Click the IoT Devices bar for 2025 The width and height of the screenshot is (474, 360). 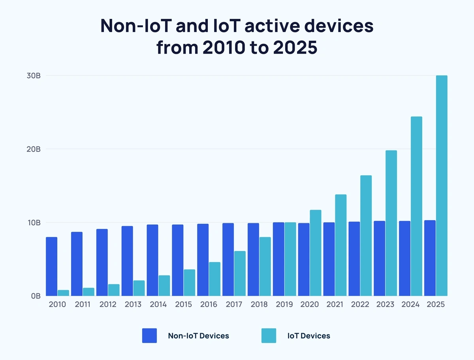pyautogui.click(x=442, y=186)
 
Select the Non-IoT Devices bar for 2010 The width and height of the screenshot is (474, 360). pyautogui.click(x=51, y=266)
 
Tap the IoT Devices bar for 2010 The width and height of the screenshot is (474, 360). pyautogui.click(x=63, y=293)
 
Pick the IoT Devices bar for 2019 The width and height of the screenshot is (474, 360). pyautogui.click(x=290, y=259)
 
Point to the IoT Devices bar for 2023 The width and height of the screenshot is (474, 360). pyautogui.click(x=391, y=223)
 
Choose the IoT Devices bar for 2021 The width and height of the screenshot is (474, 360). pyautogui.click(x=340, y=245)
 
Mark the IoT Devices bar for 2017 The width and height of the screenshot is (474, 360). pyautogui.click(x=240, y=273)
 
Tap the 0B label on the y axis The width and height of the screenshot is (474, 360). pyautogui.click(x=36, y=296)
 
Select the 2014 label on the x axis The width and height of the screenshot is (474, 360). pyautogui.click(x=158, y=305)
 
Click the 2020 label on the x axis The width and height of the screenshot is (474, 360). pyautogui.click(x=309, y=305)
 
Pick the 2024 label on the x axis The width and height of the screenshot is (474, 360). pyautogui.click(x=410, y=305)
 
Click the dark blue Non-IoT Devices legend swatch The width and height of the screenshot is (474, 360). pyautogui.click(x=149, y=336)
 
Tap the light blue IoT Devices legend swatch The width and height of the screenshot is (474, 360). pyautogui.click(x=269, y=336)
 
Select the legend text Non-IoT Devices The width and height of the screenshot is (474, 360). pyautogui.click(x=198, y=336)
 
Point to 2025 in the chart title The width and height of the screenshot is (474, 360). pyautogui.click(x=292, y=48)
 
